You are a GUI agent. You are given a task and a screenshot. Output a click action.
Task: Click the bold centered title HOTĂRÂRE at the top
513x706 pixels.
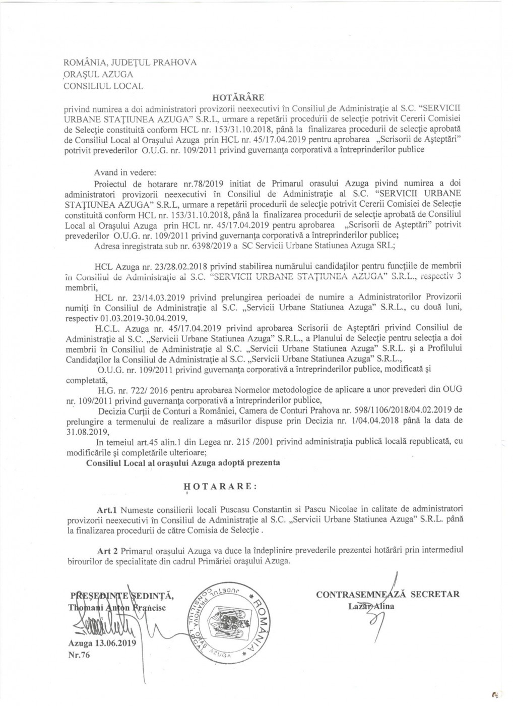coord(238,96)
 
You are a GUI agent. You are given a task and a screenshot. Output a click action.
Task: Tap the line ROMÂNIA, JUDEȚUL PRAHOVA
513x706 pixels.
coord(130,63)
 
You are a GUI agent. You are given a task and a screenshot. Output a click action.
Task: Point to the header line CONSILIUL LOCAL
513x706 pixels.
coord(103,86)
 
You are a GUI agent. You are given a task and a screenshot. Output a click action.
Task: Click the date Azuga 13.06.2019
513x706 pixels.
coord(100,644)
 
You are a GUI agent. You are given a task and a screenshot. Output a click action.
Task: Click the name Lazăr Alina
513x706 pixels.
coord(371,606)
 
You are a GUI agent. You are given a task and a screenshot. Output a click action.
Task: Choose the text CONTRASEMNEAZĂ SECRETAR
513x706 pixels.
coord(388,594)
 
